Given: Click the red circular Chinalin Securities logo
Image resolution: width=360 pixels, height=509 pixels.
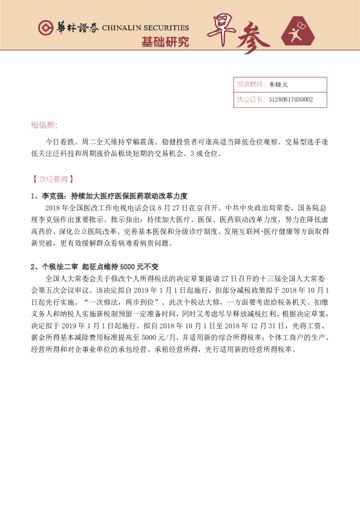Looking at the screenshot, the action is click(x=44, y=28).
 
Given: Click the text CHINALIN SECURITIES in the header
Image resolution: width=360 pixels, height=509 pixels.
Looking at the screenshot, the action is click(x=145, y=28).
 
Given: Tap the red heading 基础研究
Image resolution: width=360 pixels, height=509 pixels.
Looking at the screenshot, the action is click(x=165, y=42).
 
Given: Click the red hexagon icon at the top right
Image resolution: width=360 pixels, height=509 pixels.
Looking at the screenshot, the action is click(x=300, y=33).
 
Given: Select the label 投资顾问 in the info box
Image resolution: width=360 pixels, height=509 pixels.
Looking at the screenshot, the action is click(x=248, y=85).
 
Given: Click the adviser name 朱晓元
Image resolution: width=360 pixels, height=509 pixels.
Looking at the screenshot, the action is click(x=279, y=85).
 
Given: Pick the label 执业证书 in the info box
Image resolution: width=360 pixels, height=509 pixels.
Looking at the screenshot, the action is click(x=248, y=99).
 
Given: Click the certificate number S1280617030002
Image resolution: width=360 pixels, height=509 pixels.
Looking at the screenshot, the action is click(x=291, y=99).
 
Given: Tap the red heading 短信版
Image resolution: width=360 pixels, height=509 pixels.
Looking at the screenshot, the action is click(x=44, y=125).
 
